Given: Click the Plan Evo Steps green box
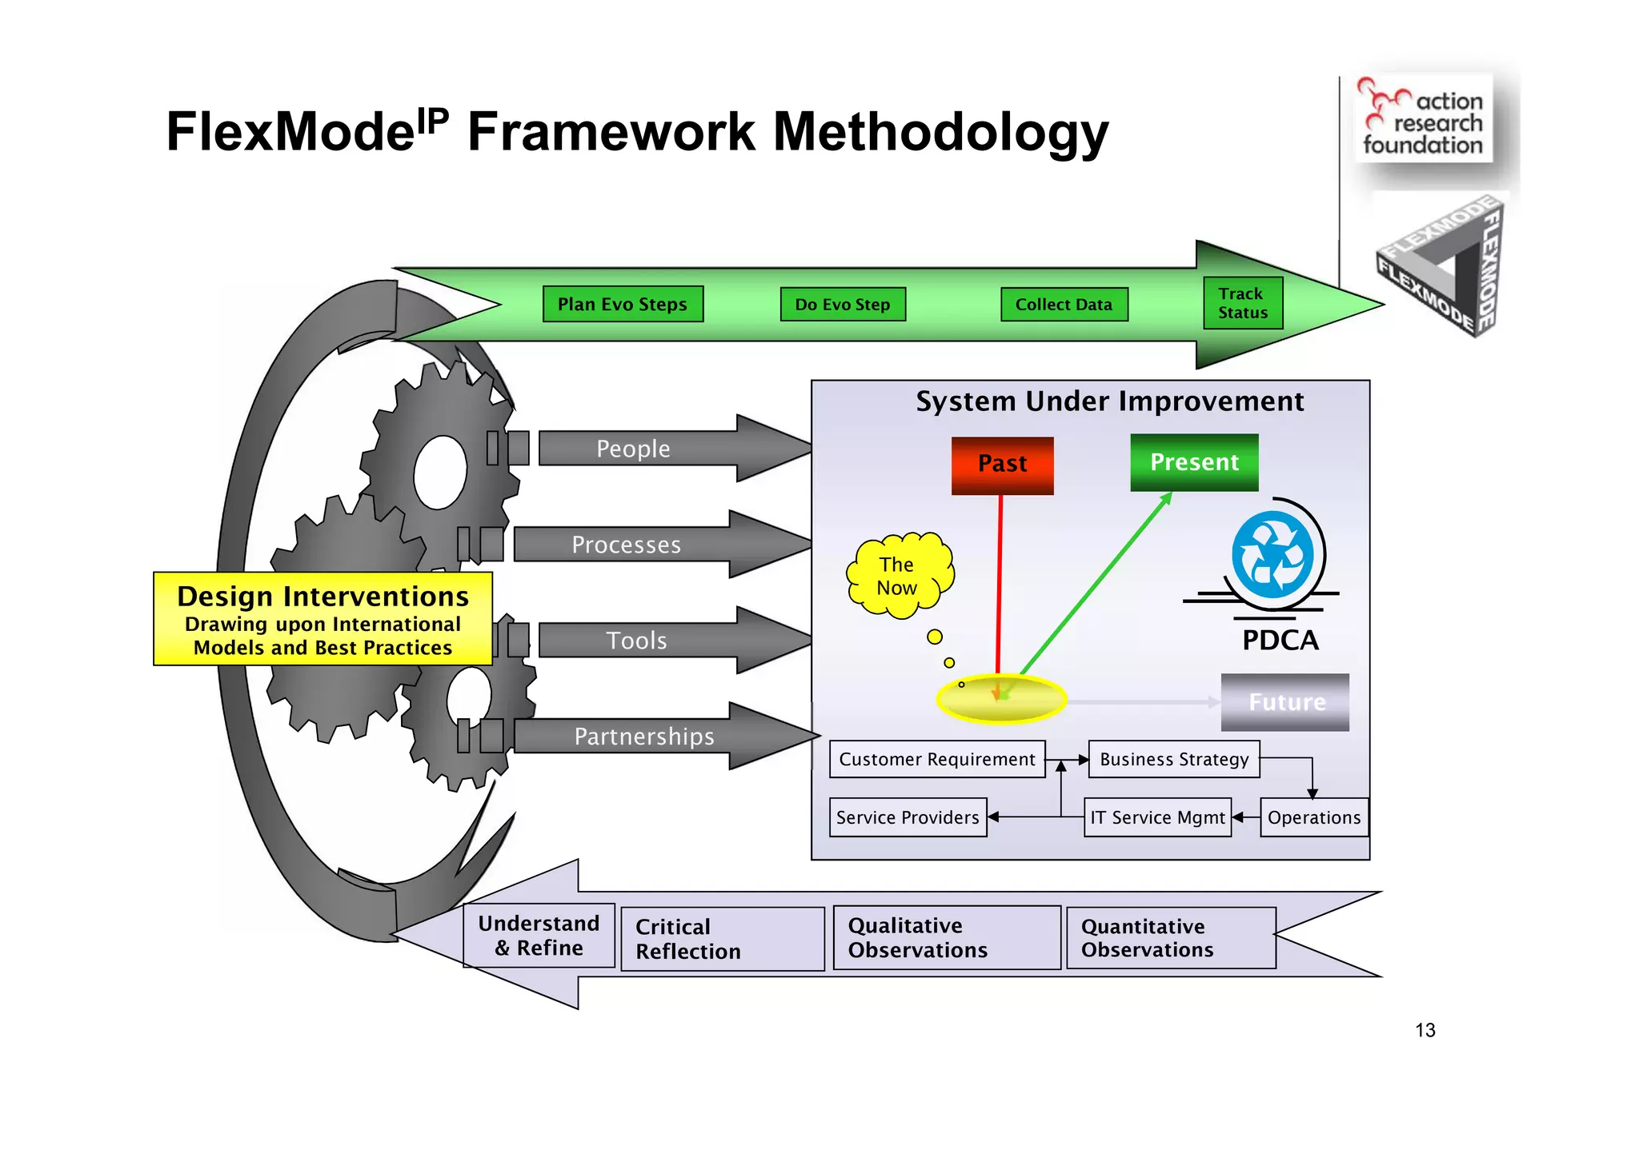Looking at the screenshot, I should [623, 304].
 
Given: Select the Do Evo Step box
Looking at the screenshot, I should [842, 304].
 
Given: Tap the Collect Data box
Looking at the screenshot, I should [1064, 304].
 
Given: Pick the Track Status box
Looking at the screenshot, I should [1243, 303].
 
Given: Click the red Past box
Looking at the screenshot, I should [1002, 465].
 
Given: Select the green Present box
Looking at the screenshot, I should [1194, 462].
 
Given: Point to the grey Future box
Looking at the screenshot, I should [1285, 702].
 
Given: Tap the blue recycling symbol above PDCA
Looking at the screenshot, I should [1272, 556].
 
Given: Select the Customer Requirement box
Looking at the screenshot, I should [937, 759].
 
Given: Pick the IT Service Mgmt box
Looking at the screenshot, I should [1157, 817].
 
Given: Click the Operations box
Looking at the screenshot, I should [1313, 817].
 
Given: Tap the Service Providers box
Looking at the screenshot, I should [908, 817].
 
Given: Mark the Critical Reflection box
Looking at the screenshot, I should [722, 939].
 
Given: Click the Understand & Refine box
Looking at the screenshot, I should [539, 936].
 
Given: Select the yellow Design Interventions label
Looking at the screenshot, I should [323, 619].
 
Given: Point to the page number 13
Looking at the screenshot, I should [1425, 1030].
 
